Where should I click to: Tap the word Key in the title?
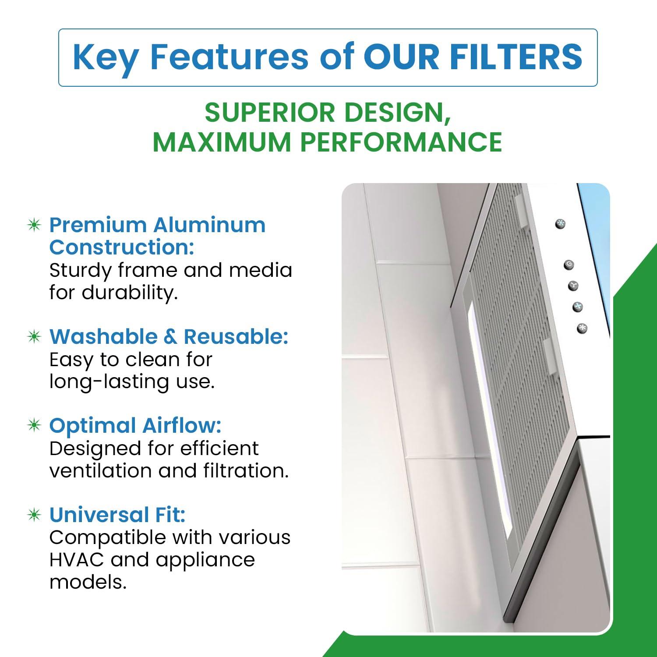[105, 58]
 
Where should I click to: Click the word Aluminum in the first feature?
[209, 225]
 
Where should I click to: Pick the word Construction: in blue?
[121, 247]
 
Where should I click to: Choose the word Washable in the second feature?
[103, 337]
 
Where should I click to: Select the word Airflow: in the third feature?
[182, 426]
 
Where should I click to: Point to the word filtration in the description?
[246, 471]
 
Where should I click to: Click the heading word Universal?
[99, 515]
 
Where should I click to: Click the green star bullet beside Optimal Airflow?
[34, 425]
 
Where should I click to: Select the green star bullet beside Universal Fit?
[34, 515]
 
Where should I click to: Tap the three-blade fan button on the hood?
[573, 286]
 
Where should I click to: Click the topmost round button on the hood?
[560, 224]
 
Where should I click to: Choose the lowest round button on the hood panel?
[582, 328]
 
